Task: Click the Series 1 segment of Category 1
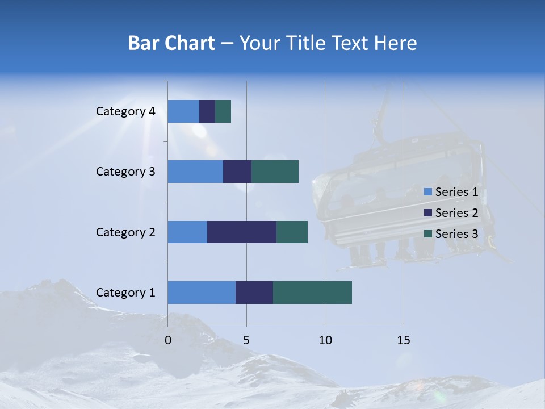pyautogui.click(x=202, y=293)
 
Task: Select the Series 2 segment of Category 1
pyautogui.click(x=254, y=293)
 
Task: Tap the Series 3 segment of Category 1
pyautogui.click(x=312, y=293)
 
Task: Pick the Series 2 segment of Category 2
pyautogui.click(x=242, y=232)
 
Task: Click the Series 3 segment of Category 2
pyautogui.click(x=292, y=232)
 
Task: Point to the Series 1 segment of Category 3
pyautogui.click(x=195, y=172)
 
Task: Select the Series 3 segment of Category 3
pyautogui.click(x=275, y=172)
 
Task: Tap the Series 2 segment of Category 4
pyautogui.click(x=207, y=111)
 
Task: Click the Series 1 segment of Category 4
pyautogui.click(x=183, y=111)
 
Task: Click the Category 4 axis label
pyautogui.click(x=125, y=111)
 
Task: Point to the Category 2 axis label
pyautogui.click(x=125, y=232)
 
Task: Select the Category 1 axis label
pyautogui.click(x=125, y=293)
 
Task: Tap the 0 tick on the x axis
pyautogui.click(x=168, y=340)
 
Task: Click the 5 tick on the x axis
pyautogui.click(x=246, y=340)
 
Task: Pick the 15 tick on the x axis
pyautogui.click(x=404, y=340)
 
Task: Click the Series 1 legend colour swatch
pyautogui.click(x=427, y=192)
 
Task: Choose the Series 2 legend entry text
pyautogui.click(x=456, y=213)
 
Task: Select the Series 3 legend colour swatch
pyautogui.click(x=427, y=234)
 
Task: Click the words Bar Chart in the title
pyautogui.click(x=171, y=43)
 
